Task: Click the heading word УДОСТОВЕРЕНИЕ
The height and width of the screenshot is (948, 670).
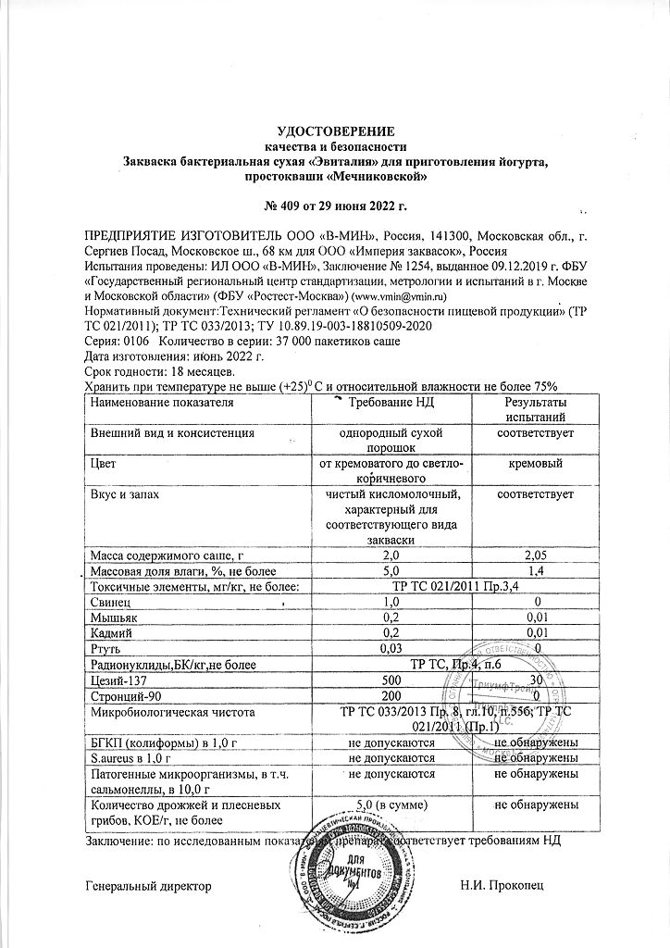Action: coord(336,131)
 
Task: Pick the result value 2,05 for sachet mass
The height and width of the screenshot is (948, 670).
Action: coord(535,554)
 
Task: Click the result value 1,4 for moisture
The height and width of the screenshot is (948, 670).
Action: coord(535,569)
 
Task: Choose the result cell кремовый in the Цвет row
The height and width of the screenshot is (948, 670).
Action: coord(535,463)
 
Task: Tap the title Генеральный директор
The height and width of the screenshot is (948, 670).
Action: coord(148,886)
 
